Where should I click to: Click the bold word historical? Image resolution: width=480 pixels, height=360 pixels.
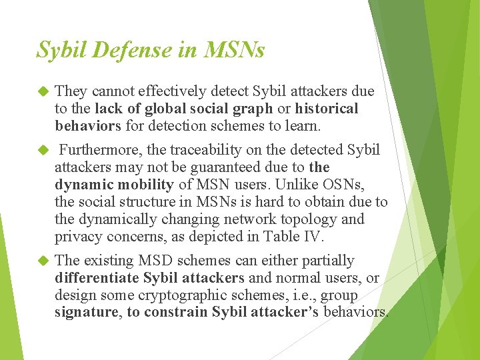click(327, 108)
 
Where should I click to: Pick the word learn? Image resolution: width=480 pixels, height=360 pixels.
click(303, 125)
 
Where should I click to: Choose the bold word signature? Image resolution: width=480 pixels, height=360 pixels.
click(86, 312)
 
